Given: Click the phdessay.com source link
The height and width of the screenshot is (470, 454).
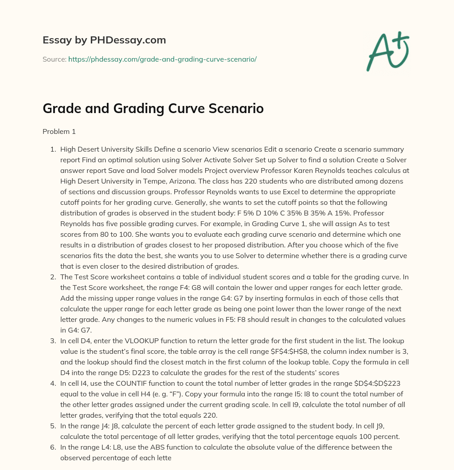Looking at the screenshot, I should (162, 59).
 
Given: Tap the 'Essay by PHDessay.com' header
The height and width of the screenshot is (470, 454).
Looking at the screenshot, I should (104, 40).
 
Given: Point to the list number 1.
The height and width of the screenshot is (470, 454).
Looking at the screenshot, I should (53, 149).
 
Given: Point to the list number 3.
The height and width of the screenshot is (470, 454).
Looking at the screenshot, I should (53, 341).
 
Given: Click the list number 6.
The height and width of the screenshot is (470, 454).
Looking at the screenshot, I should (53, 447).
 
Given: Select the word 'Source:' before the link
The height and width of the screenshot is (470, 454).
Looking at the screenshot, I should (55, 59).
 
